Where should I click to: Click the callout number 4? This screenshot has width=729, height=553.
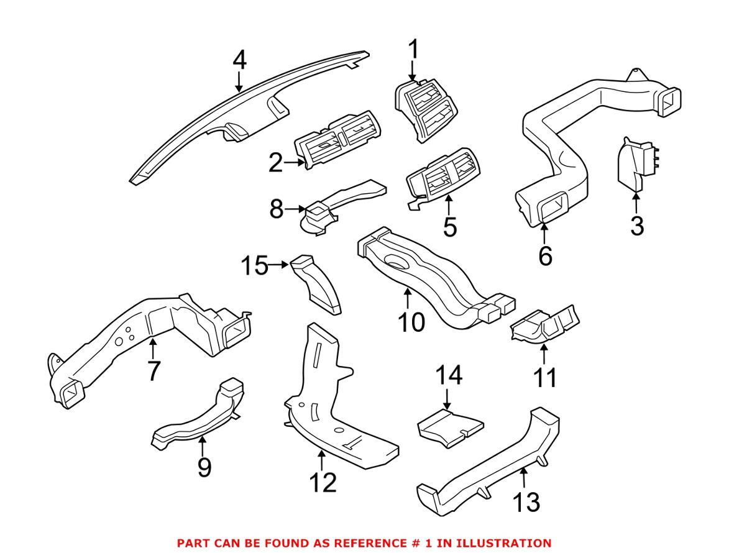pos(240,61)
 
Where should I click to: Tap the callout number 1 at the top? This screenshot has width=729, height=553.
pos(413,49)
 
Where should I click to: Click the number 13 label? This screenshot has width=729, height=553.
pos(525,502)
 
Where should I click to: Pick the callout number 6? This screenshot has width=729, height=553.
pos(545,255)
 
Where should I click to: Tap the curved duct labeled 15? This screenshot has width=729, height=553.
pos(319,286)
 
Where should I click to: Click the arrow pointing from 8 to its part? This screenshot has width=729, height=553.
pos(296,211)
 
